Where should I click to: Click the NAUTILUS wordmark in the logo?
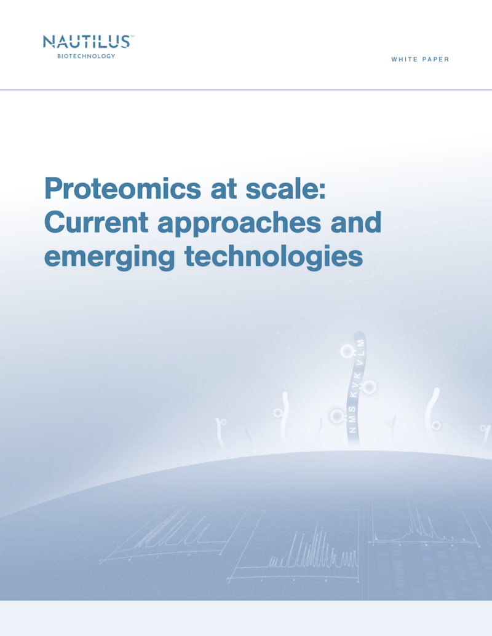click(x=87, y=42)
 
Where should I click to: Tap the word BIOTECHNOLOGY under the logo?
click(x=86, y=56)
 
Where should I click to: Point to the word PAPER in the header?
click(x=435, y=59)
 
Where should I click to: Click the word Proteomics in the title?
click(x=122, y=189)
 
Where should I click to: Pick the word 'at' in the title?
click(x=223, y=189)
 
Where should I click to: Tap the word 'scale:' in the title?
click(x=285, y=188)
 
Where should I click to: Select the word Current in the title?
click(x=96, y=222)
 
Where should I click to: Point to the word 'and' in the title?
click(x=356, y=222)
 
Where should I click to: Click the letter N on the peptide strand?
click(x=353, y=429)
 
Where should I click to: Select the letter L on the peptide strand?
click(x=360, y=351)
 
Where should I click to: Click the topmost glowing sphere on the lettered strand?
click(x=347, y=351)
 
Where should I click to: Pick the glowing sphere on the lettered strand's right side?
click(x=368, y=387)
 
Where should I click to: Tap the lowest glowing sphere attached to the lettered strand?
click(x=337, y=416)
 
